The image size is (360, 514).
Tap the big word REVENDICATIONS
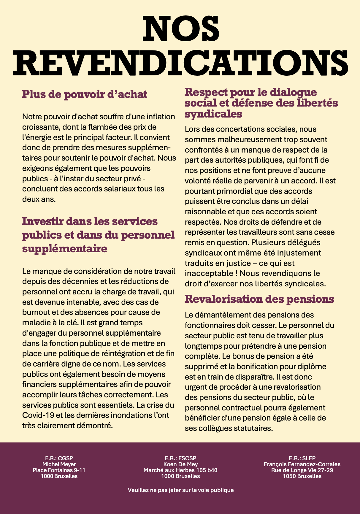(180, 64)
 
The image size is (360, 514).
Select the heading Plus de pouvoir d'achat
(85, 94)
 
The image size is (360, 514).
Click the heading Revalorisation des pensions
(259, 299)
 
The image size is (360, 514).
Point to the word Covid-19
(38, 415)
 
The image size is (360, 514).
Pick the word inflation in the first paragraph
(159, 117)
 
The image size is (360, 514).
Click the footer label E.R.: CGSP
(59, 458)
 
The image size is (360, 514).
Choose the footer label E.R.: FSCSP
(180, 458)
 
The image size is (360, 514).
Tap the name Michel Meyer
(59, 464)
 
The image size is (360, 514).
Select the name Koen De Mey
(180, 464)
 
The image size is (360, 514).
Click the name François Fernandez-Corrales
(302, 464)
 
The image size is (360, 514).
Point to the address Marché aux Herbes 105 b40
(180, 470)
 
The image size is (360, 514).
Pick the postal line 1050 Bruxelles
(302, 476)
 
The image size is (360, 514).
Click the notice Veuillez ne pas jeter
(180, 490)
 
